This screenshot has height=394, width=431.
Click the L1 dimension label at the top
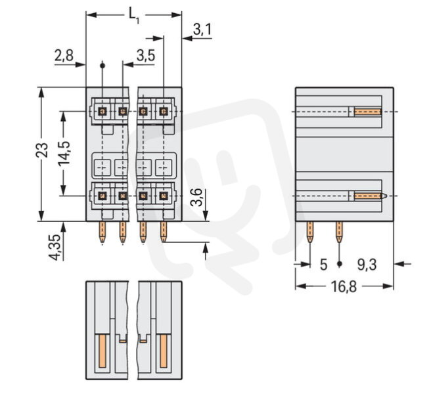click(133, 13)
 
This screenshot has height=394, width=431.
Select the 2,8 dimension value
click(64, 56)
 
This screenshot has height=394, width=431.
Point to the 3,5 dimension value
click(145, 56)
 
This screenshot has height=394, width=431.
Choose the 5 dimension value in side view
click(323, 264)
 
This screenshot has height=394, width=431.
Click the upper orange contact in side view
click(367, 112)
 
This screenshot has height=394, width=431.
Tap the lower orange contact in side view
click(368, 196)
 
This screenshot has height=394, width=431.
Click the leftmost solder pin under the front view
click(102, 232)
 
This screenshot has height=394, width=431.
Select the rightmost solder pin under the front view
click(164, 232)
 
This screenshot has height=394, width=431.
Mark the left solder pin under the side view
click(310, 231)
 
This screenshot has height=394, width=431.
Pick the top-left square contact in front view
click(102, 112)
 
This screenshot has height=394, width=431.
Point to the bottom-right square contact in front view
click(164, 196)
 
